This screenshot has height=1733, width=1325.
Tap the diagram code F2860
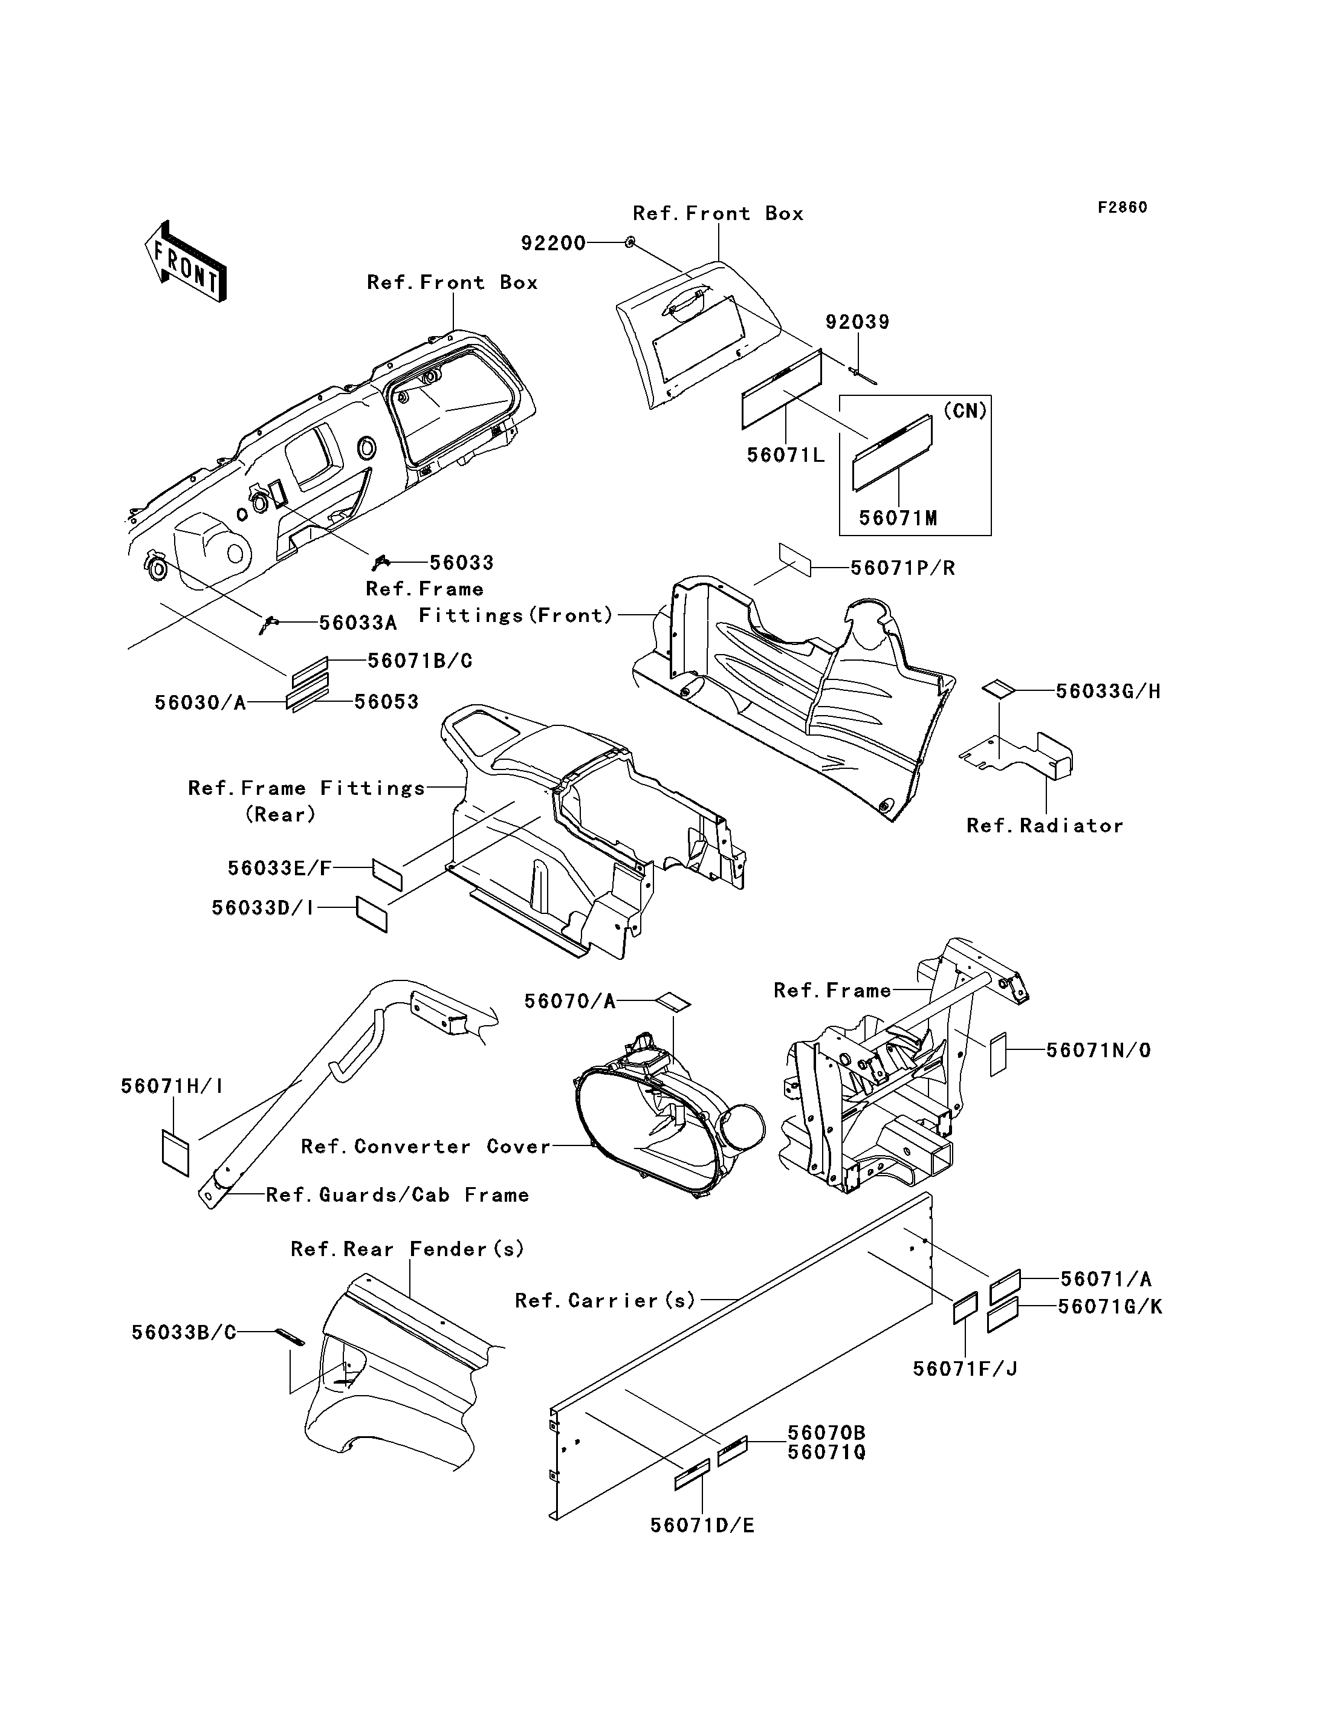click(1123, 207)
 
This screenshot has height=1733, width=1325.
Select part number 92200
click(553, 243)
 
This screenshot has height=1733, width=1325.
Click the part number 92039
click(857, 322)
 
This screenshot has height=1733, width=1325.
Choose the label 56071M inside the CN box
click(898, 518)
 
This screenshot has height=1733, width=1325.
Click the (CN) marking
click(965, 411)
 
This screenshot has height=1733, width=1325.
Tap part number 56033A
click(357, 623)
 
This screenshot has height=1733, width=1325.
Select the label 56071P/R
click(902, 568)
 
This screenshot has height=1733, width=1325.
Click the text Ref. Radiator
click(1045, 826)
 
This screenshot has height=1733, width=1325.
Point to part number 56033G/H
click(1108, 691)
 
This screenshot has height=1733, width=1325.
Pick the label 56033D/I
click(262, 908)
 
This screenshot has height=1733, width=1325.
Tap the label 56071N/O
click(1098, 1050)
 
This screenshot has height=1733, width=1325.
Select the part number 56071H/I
click(172, 1086)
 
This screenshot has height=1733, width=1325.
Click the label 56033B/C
click(184, 1332)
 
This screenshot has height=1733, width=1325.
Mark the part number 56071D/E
click(702, 1526)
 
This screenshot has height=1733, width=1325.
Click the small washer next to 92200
click(629, 242)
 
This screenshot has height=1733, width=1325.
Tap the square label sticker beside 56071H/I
click(175, 1153)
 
